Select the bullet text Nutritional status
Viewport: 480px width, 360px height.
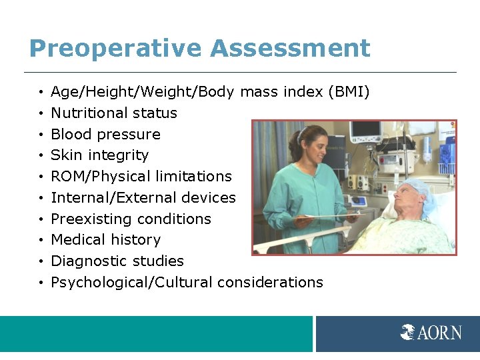tap(114, 113)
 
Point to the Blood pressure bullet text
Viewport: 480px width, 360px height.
tap(105, 135)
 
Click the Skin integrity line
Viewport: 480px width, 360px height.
tap(99, 155)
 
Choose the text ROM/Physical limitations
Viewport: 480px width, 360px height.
tap(141, 177)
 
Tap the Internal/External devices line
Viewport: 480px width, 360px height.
tap(143, 198)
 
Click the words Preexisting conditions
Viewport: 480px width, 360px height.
tap(131, 219)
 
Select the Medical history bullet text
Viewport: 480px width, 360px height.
tap(105, 240)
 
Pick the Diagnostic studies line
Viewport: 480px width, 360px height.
tap(117, 261)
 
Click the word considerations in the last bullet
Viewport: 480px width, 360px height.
tap(270, 283)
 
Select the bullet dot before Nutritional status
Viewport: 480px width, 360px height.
tap(41, 114)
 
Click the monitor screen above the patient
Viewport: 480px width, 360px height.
tap(367, 130)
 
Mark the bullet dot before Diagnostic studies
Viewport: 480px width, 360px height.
tap(41, 262)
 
